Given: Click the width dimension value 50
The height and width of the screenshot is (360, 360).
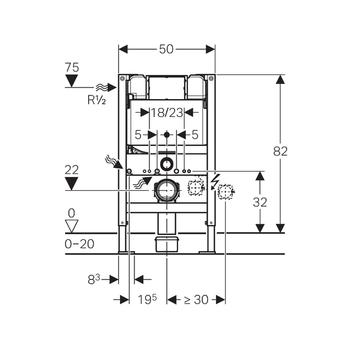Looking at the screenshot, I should tap(167, 49).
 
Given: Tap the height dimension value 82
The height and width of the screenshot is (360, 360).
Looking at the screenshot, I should tap(280, 151).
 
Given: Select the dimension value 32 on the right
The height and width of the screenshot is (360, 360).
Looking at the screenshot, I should tap(260, 202).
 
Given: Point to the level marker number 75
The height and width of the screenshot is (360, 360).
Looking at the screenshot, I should tap(72, 68).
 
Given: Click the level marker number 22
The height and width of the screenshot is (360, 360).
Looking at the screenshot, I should tap(72, 170).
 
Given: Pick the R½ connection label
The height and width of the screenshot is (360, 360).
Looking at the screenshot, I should tap(96, 100).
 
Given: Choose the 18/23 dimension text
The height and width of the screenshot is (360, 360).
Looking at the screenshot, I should tap(167, 112).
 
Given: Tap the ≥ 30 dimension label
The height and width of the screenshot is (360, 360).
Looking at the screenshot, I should tap(196, 299).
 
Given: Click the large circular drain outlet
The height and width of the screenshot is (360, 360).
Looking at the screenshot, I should tap(166, 190).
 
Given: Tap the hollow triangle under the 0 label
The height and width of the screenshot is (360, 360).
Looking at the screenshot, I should tap(72, 225).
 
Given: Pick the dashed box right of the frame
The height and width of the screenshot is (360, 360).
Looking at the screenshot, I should tap(225, 192).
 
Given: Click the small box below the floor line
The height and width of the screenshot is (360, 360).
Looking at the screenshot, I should tap(166, 244).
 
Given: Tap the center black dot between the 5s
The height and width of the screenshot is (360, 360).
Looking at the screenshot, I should tap(167, 135).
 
